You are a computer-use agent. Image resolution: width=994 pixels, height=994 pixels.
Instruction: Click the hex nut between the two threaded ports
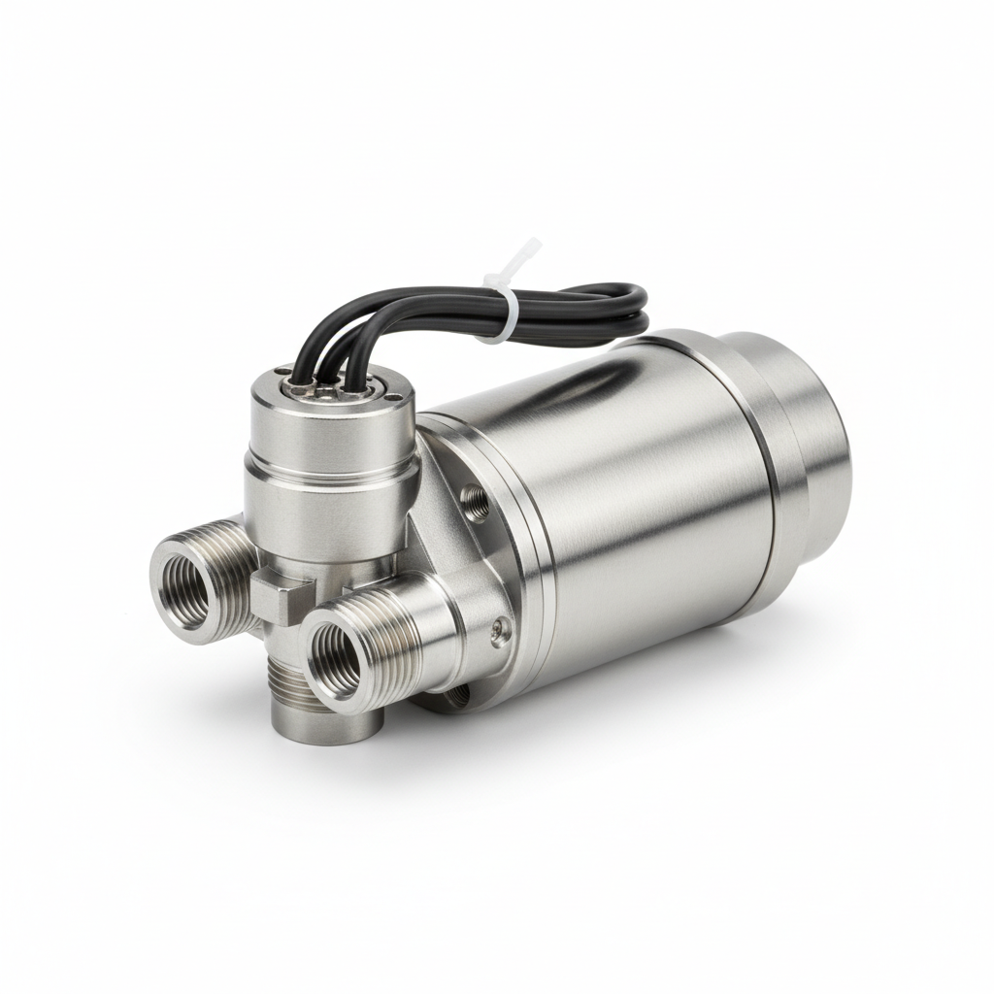[x=282, y=597]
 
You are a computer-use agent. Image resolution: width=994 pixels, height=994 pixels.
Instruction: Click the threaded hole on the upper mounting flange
[x=477, y=502]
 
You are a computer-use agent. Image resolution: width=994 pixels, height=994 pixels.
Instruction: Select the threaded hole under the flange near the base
[x=456, y=695]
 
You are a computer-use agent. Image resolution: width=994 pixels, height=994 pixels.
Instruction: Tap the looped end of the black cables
[x=636, y=306]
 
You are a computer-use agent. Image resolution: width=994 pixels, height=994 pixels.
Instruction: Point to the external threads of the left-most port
[x=228, y=563]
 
